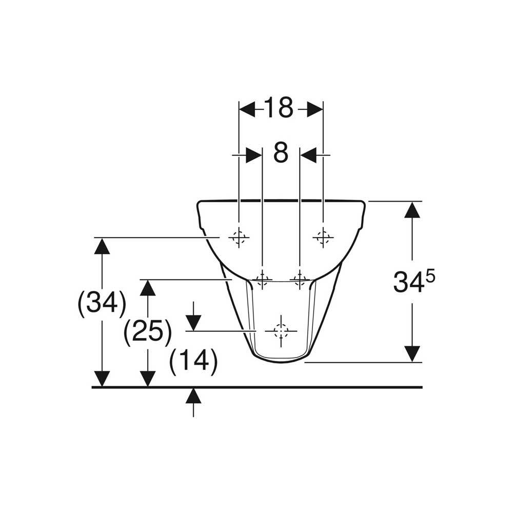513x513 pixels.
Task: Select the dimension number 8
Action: pos(280,153)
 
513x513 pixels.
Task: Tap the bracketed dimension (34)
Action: pos(102,304)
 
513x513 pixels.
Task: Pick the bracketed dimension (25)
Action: pos(147,332)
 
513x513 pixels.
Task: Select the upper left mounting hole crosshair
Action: pos(238,237)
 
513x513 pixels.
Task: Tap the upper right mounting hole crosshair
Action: pos(323,237)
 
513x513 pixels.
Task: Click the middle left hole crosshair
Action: pos(262,279)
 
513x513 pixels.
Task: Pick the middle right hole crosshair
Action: pos(299,279)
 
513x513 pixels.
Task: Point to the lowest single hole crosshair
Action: pos(281,331)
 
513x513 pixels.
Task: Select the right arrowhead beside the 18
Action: pos(314,109)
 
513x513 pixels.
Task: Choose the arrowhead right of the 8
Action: pos(308,154)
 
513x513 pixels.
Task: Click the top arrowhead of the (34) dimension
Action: pos(103,247)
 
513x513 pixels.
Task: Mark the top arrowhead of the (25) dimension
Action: pos(148,288)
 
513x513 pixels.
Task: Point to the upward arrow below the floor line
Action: pos(193,396)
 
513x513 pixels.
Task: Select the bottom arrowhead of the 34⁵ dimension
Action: pos(412,353)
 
